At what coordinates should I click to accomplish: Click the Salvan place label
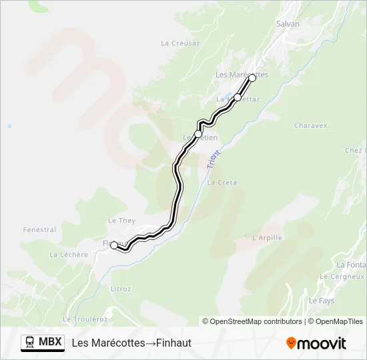[288, 24]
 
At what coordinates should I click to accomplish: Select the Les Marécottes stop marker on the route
[252, 78]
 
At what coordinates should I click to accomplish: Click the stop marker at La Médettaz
[238, 97]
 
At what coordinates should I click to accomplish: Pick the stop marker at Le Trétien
[198, 134]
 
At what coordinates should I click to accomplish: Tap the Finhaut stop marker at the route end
[114, 245]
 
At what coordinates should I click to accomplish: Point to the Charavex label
[310, 125]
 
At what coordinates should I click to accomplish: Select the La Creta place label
[222, 182]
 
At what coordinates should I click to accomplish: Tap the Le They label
[121, 221]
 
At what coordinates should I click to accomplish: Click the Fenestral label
[39, 230]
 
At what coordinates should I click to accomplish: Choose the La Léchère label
[69, 255]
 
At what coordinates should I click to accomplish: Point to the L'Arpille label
[268, 237]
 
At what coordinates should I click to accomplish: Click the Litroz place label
[121, 289]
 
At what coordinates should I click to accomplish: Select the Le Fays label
[321, 301]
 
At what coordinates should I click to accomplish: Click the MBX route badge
[43, 343]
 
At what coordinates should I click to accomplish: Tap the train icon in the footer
[29, 343]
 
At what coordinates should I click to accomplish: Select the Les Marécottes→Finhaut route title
[131, 343]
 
